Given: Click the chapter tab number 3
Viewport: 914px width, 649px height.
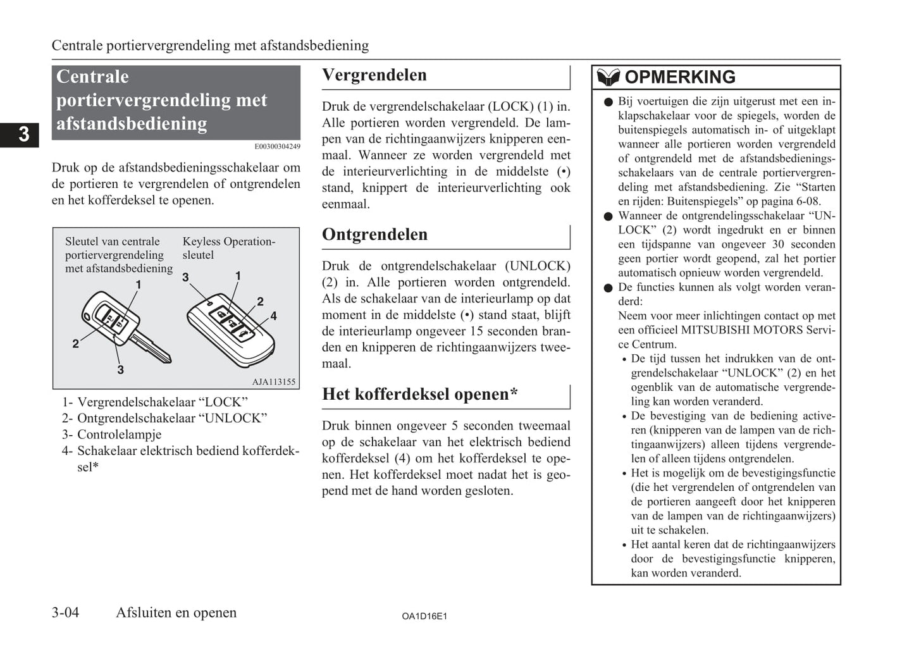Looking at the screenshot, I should [x=23, y=134].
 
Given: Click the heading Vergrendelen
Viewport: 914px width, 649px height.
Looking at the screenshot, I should [x=374, y=75].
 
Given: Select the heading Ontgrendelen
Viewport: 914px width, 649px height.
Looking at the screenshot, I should [x=374, y=235].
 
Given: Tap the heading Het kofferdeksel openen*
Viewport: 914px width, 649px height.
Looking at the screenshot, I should [x=419, y=395].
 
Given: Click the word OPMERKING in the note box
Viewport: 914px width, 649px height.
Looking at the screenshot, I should [x=680, y=77].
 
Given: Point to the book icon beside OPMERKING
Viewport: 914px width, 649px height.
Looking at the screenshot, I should [x=608, y=77].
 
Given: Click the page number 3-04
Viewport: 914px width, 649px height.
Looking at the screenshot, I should [x=65, y=612].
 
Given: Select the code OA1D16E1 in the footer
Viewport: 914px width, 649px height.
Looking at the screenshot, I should [x=424, y=616].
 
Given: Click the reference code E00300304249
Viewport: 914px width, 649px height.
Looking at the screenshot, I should [x=277, y=147].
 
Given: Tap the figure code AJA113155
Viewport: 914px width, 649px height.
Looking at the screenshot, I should [x=273, y=382].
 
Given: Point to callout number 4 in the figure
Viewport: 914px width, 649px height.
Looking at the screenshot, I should [x=273, y=316].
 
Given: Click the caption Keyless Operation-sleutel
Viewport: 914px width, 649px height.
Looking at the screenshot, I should [x=228, y=248].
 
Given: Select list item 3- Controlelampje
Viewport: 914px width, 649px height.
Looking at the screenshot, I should [x=112, y=435].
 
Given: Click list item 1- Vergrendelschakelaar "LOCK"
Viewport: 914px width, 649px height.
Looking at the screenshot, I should [x=155, y=402].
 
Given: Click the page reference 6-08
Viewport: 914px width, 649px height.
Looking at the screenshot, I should [x=808, y=202].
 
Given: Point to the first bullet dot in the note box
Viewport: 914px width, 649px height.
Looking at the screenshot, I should [x=608, y=102].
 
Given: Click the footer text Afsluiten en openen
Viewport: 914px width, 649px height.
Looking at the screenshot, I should [x=176, y=612].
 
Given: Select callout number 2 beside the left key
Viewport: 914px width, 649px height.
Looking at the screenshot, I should [x=76, y=343].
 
